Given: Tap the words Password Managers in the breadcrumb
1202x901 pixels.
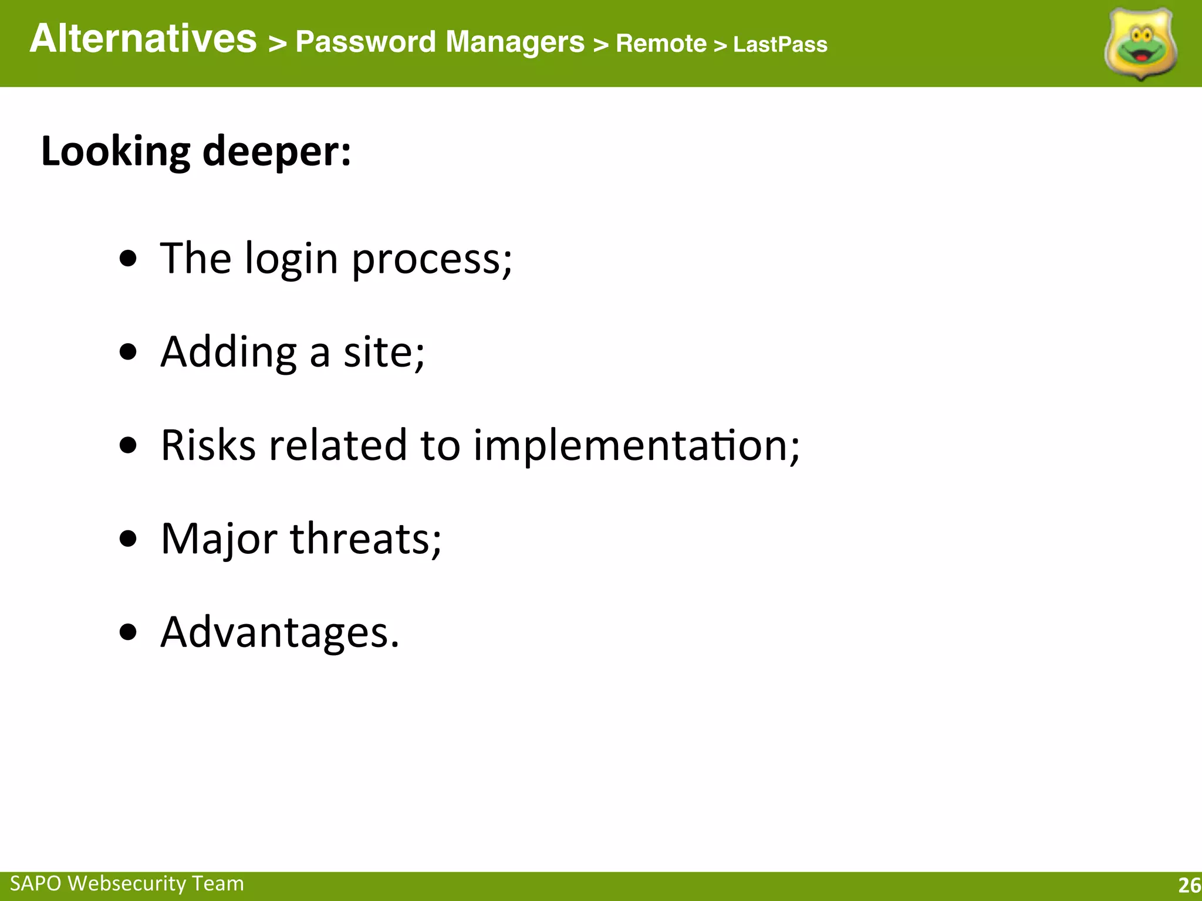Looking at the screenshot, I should (440, 42).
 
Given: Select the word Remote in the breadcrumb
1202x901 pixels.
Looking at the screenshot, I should (661, 44).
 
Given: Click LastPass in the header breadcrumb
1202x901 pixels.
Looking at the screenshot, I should (780, 45).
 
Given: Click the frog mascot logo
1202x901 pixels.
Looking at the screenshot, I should (1140, 45).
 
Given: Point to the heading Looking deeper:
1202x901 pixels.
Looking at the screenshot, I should (196, 152).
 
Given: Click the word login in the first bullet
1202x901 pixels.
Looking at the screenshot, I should (291, 259).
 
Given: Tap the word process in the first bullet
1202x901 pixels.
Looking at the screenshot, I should (431, 259).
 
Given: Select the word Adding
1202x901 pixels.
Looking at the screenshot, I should (228, 353).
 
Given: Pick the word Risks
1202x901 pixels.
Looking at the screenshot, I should (208, 445).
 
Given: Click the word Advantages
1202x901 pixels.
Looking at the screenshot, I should (279, 632).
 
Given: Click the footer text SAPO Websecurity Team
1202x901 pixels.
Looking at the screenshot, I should (127, 883).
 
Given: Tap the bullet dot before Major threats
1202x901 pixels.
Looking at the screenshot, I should (128, 538).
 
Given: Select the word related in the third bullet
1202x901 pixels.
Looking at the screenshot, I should (337, 445).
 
